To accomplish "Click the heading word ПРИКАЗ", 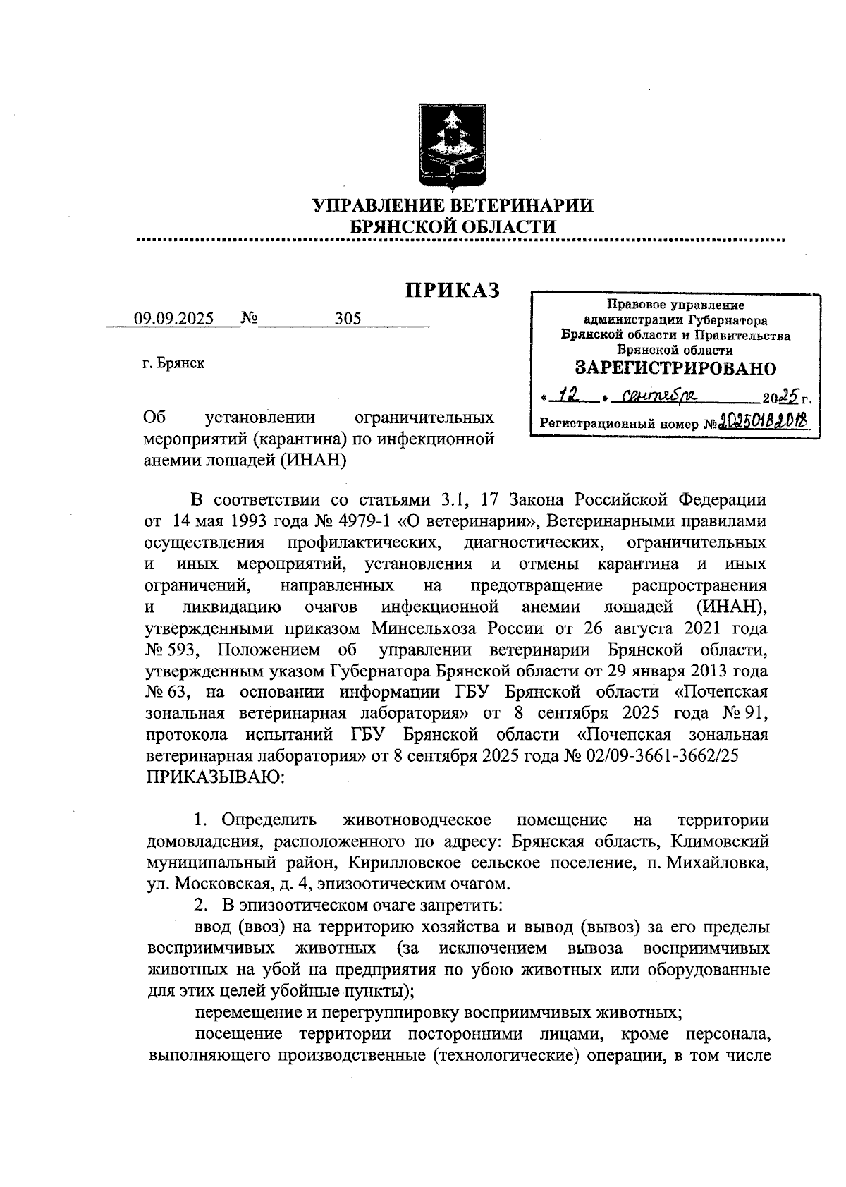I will pyautogui.click(x=452, y=290).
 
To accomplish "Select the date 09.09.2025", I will pyautogui.click(x=173, y=318).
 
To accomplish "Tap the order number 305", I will pyautogui.click(x=348, y=318).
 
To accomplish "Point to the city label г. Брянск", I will pyautogui.click(x=173, y=364).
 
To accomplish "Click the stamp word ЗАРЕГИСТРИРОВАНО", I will pyautogui.click(x=675, y=368).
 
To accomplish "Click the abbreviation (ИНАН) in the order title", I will pyautogui.click(x=314, y=460).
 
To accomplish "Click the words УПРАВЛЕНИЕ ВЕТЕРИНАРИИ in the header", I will pyautogui.click(x=453, y=205).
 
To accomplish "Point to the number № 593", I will pyautogui.click(x=170, y=649).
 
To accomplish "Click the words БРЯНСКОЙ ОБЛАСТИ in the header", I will pyautogui.click(x=453, y=226).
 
